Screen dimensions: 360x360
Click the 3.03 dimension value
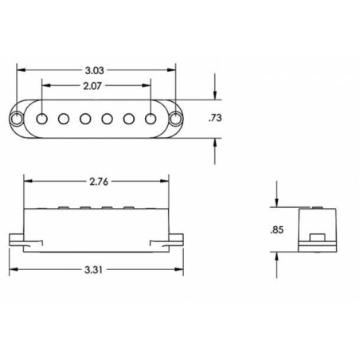point(94,71)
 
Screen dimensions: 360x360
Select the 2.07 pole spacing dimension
point(92,86)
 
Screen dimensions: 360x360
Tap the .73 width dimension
point(215,118)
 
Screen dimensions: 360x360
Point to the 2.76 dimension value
point(99,182)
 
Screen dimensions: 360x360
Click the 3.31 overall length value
point(93,270)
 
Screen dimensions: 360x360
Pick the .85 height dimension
point(277,230)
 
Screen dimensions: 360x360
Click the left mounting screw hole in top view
point(16,119)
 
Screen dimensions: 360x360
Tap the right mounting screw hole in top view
point(176,119)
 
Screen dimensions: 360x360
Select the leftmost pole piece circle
point(42,119)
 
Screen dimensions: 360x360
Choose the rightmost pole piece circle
point(151,119)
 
